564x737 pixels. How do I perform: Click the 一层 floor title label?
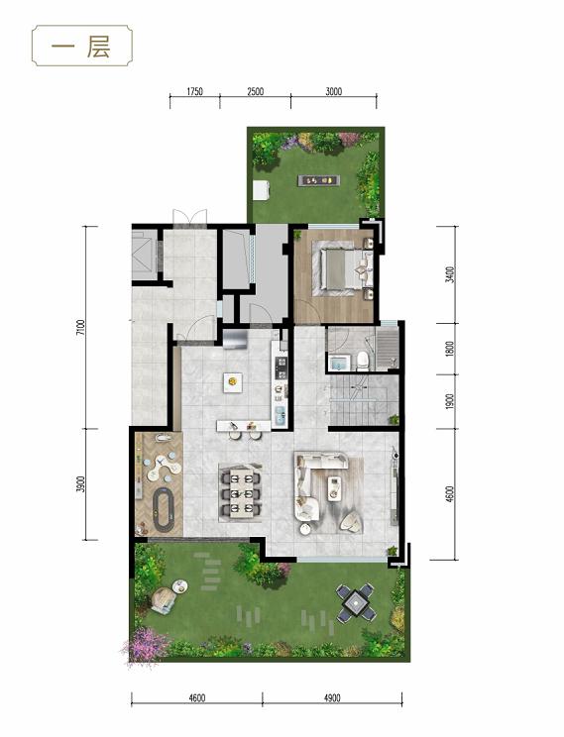[x=81, y=47]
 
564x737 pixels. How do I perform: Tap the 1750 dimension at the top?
[x=194, y=91]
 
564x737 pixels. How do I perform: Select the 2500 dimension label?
[x=255, y=91]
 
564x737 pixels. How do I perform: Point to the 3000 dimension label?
[x=333, y=91]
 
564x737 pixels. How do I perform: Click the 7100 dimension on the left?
[x=82, y=327]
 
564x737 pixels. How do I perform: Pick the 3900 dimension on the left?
[x=82, y=484]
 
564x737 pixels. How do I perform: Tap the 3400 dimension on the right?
[x=450, y=274]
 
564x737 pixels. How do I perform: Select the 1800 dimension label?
[x=450, y=349]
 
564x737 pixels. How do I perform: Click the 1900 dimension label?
[x=450, y=401]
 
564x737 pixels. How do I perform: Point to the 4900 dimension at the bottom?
[x=332, y=698]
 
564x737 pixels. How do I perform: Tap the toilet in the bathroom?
[x=363, y=361]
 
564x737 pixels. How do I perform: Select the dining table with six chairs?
[x=240, y=491]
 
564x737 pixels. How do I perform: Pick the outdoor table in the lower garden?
[x=356, y=602]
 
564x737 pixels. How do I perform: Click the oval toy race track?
[x=165, y=510]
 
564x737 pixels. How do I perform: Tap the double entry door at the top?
[x=189, y=218]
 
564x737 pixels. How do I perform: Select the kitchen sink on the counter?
[x=280, y=416]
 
